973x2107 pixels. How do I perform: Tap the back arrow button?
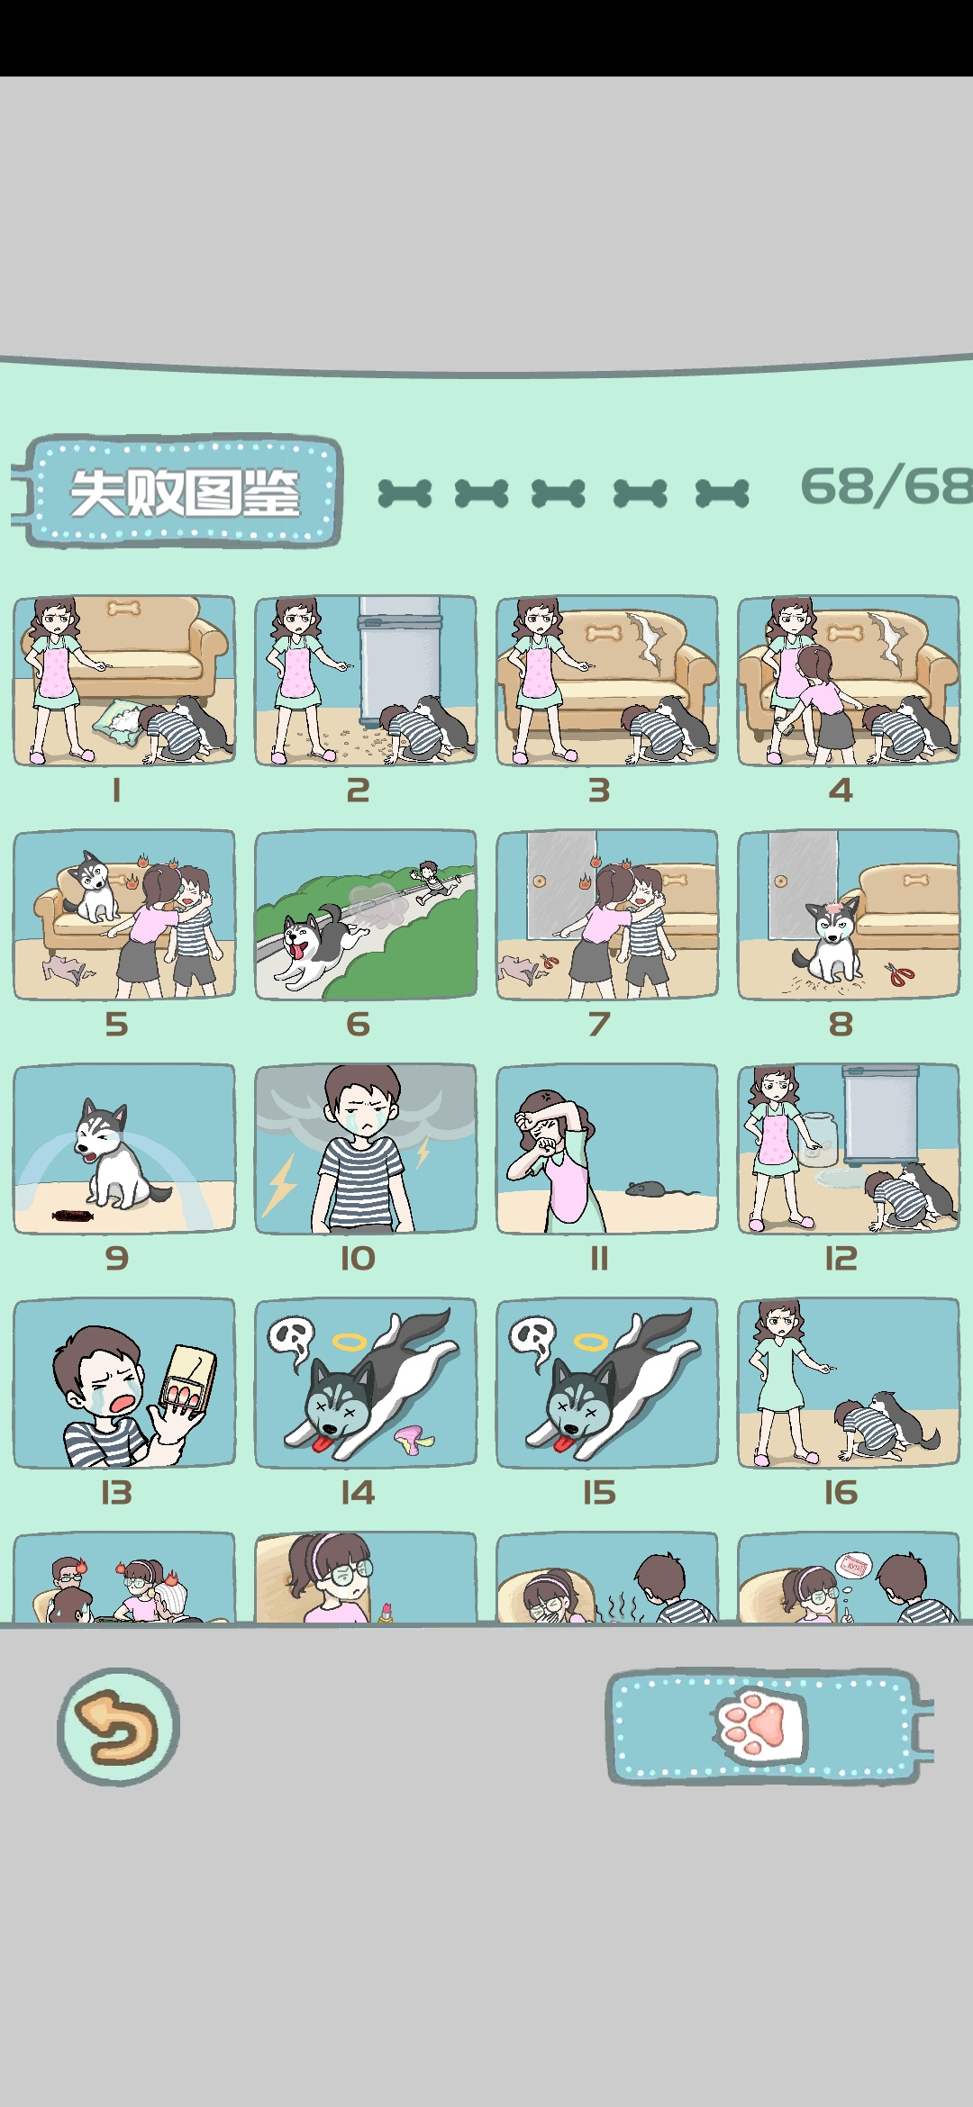(x=118, y=1726)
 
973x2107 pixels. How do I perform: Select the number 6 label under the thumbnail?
(x=359, y=1024)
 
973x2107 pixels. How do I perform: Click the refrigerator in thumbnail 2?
(x=400, y=660)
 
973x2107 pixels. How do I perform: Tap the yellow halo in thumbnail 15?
(x=591, y=1343)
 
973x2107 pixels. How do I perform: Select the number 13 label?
(x=116, y=1493)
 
